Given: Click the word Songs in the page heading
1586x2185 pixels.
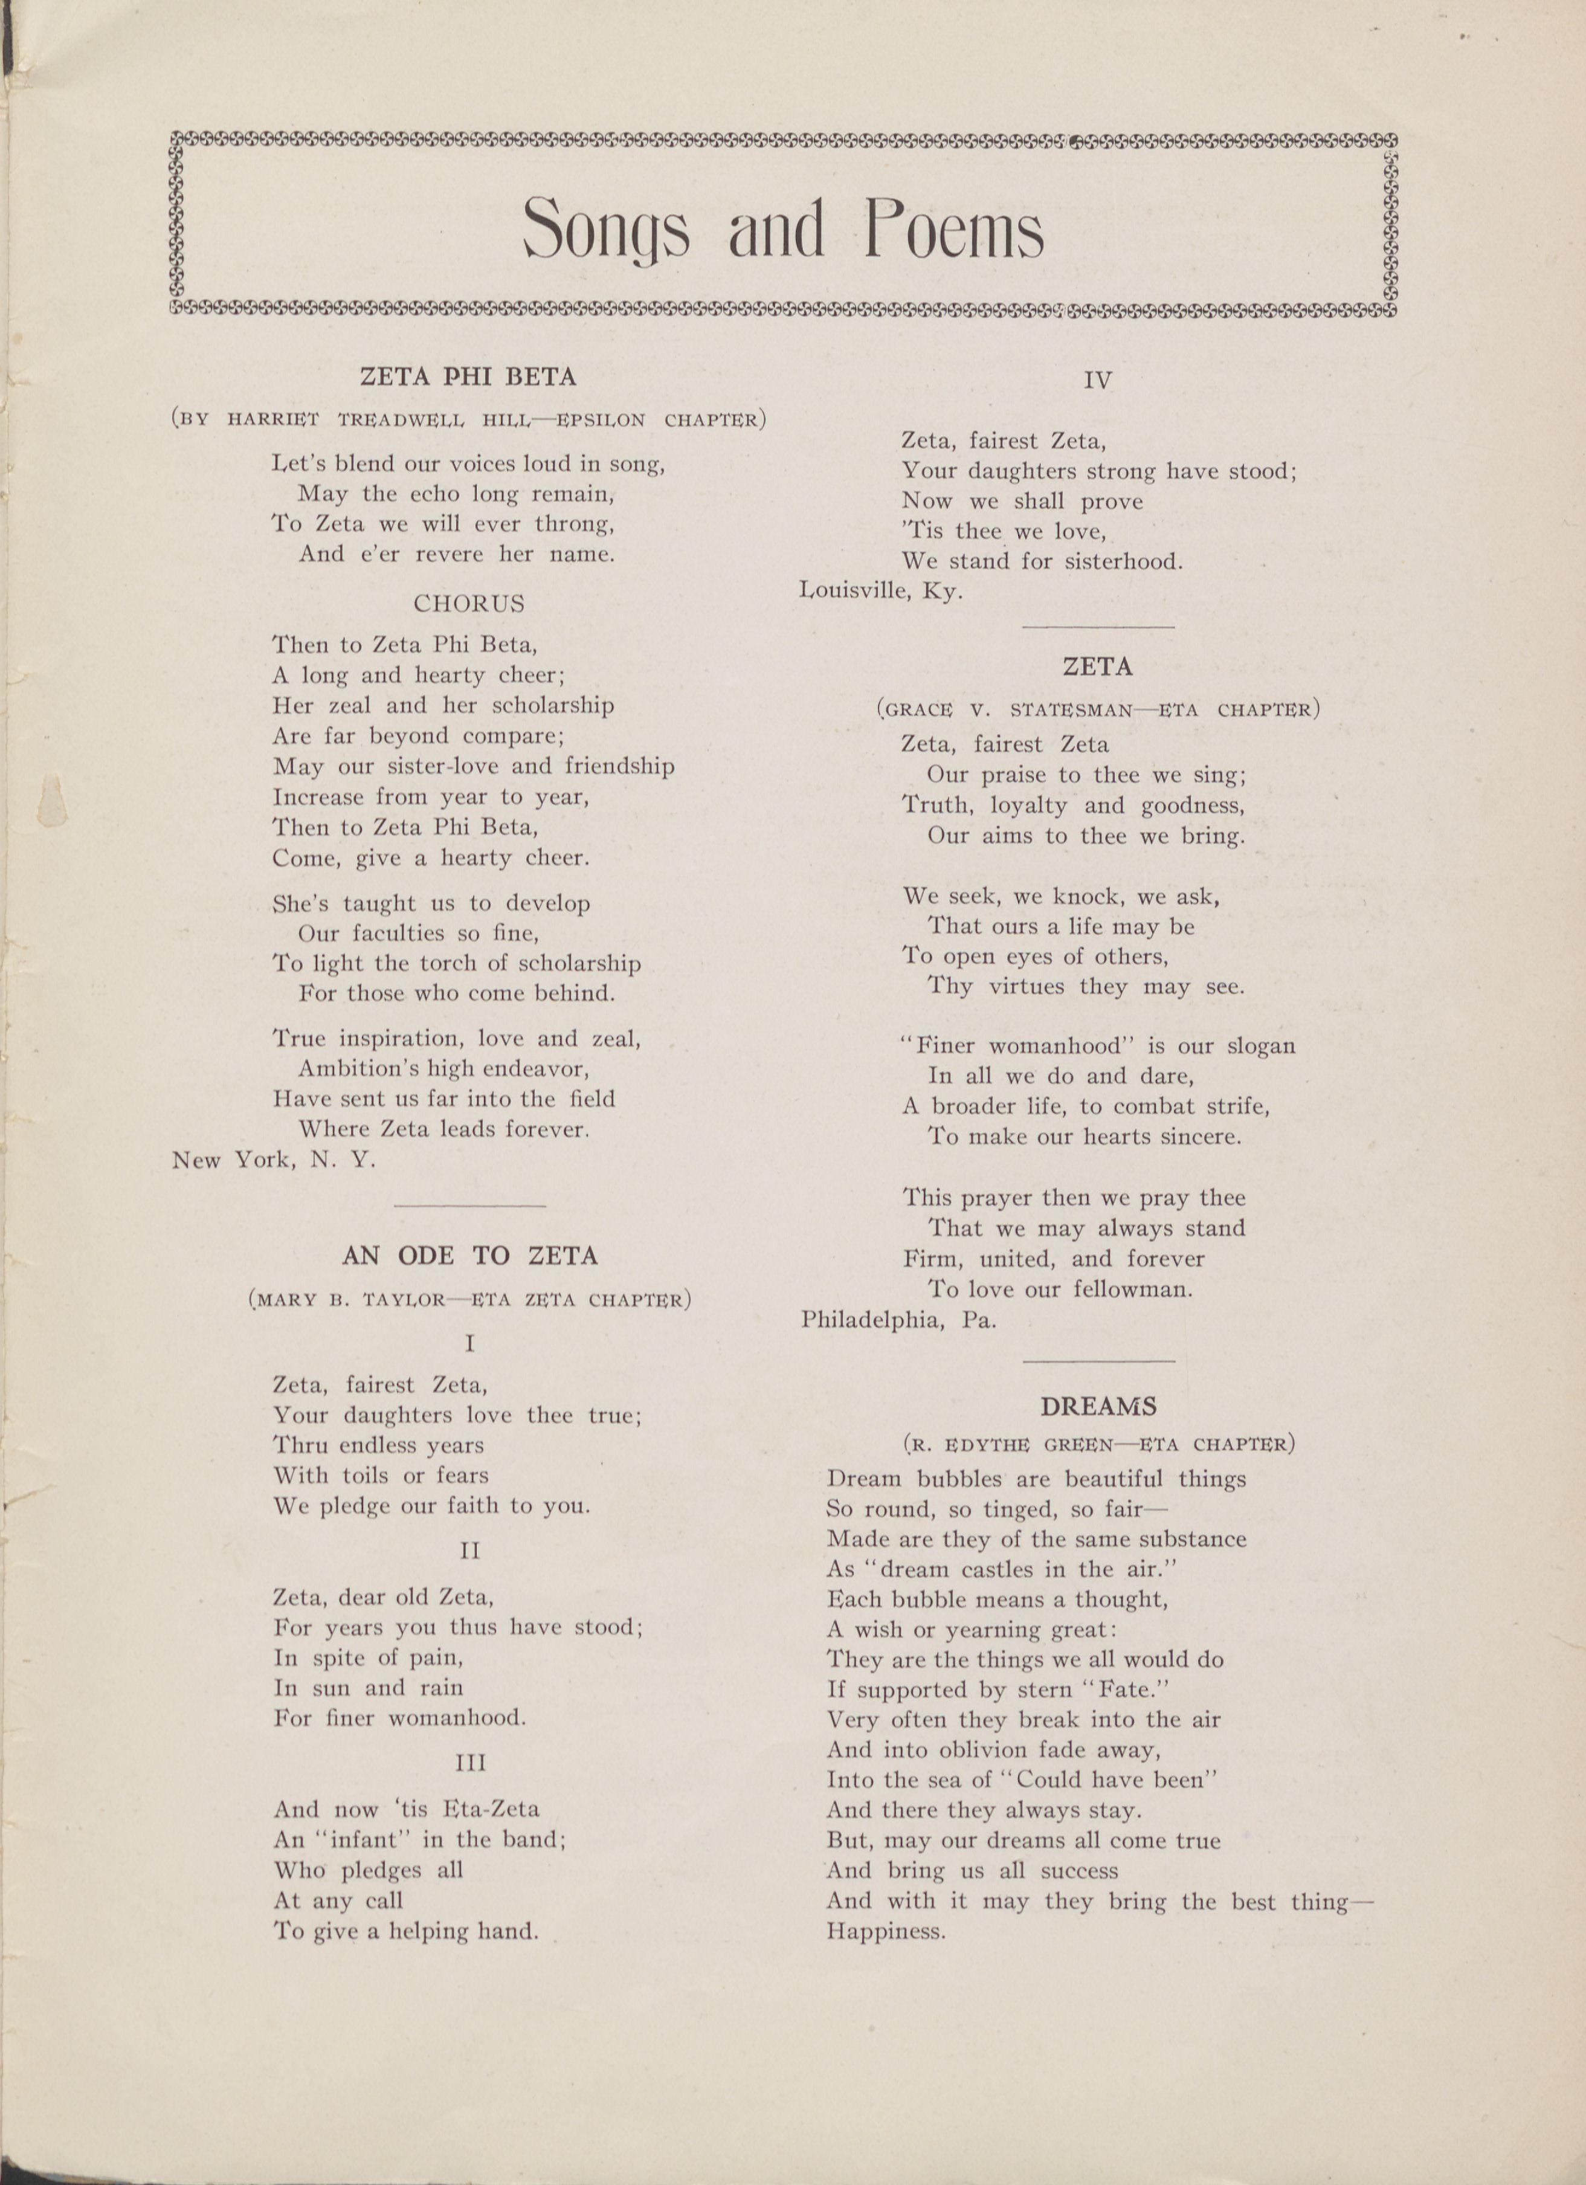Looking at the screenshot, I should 605,229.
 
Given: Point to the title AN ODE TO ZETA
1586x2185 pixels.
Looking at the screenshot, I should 469,1255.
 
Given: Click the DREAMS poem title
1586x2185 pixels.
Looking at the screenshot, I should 1097,1407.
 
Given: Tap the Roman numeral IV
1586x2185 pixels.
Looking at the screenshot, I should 1097,381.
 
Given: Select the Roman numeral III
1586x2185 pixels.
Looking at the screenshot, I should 470,1762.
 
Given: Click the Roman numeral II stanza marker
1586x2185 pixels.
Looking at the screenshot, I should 470,1550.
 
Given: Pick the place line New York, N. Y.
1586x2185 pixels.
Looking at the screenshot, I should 274,1160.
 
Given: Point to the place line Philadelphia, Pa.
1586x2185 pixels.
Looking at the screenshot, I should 898,1320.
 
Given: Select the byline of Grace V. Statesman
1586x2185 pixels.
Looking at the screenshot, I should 1097,710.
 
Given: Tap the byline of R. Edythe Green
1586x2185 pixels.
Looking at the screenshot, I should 1097,1444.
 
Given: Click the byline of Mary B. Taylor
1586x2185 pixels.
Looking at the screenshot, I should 469,1300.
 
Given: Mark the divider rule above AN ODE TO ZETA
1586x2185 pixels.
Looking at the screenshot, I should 469,1205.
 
